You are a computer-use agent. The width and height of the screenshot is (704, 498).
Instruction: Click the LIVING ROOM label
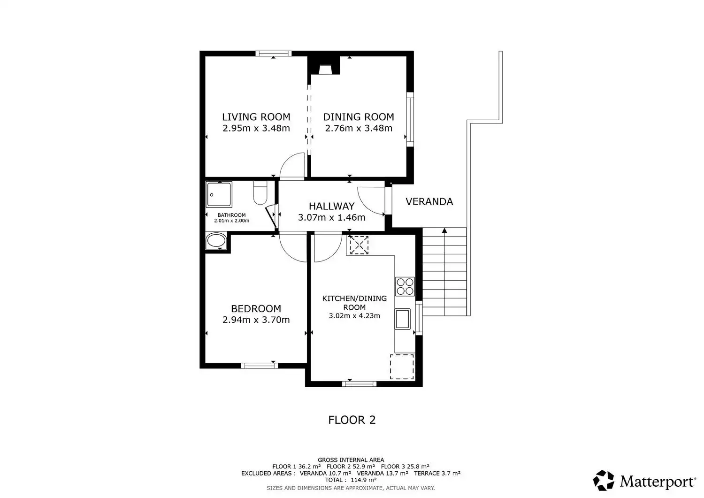(x=256, y=117)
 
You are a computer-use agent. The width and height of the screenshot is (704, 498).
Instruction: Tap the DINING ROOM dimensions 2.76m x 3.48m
(x=359, y=128)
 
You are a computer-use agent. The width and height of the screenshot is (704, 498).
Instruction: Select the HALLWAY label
(x=331, y=206)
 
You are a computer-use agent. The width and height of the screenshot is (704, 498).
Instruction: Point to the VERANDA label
(x=429, y=201)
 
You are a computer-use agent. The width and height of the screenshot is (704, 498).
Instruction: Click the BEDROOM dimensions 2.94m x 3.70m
(x=256, y=320)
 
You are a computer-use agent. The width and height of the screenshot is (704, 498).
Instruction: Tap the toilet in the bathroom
(x=260, y=192)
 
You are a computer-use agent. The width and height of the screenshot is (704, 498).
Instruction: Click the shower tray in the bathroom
(x=219, y=194)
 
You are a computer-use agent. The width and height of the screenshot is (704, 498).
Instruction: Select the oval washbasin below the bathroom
(x=216, y=241)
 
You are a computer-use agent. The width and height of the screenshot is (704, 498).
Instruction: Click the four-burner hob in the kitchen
(x=405, y=286)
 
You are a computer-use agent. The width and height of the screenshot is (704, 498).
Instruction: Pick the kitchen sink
(x=403, y=319)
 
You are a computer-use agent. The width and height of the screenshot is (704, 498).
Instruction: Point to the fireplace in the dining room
(x=324, y=70)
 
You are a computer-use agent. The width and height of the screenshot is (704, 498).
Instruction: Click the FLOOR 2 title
(x=352, y=420)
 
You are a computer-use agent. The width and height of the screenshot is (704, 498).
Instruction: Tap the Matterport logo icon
(x=604, y=480)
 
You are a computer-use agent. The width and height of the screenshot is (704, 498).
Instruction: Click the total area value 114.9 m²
(x=363, y=480)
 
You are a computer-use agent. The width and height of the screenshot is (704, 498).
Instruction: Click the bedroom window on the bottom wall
(x=260, y=365)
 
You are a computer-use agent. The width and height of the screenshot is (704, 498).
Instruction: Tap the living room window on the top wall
(x=274, y=54)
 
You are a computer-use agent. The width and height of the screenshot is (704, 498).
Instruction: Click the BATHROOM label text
(x=232, y=215)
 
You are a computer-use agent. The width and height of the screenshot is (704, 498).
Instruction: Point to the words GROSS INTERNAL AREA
(x=351, y=460)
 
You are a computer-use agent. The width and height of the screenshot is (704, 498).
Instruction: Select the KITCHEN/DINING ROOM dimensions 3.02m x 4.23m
(x=354, y=316)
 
